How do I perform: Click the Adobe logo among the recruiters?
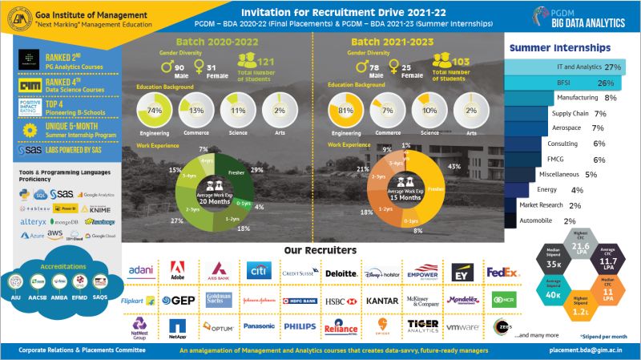pos(177,273)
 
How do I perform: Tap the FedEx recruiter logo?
pos(503,273)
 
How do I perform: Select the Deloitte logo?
pos(341,273)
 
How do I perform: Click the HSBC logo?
pos(341,301)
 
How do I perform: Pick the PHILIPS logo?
pos(300,326)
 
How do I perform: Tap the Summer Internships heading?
pos(566,48)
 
